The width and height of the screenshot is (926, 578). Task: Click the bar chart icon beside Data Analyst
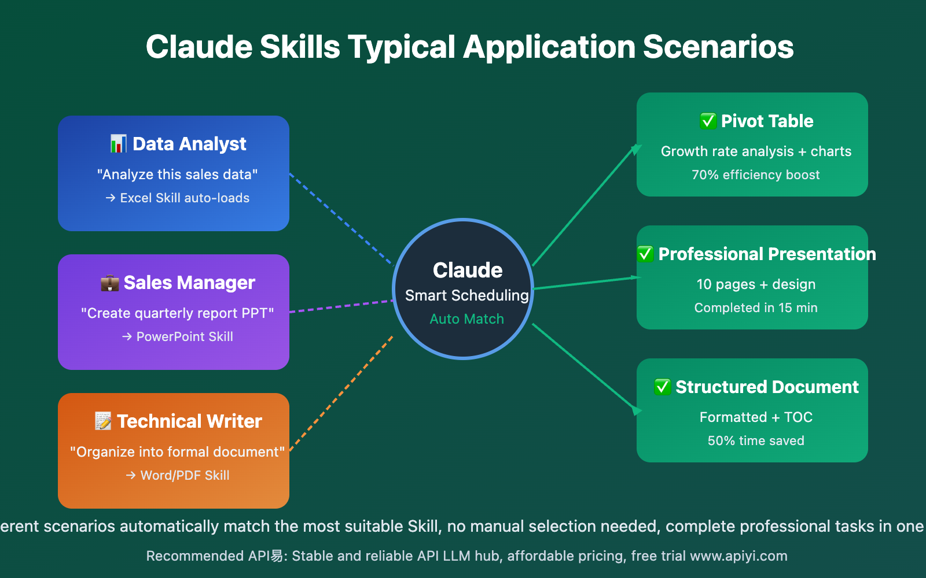click(x=118, y=143)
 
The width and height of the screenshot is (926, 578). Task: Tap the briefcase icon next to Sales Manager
click(x=109, y=283)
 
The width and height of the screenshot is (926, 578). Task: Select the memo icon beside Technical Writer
click(x=103, y=421)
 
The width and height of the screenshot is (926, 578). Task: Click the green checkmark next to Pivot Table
click(x=708, y=121)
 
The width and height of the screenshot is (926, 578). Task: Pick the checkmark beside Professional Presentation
click(x=645, y=254)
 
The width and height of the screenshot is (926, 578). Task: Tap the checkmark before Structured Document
click(x=662, y=387)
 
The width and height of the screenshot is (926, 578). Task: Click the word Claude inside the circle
click(x=467, y=270)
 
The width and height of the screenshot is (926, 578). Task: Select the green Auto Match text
click(x=466, y=319)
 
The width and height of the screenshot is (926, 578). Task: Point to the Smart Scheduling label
click(x=466, y=295)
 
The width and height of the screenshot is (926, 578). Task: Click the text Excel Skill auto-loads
click(x=184, y=198)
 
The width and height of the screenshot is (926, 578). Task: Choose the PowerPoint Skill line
click(x=184, y=336)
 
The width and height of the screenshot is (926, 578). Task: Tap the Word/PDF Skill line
click(x=184, y=475)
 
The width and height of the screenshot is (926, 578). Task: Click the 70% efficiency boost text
click(x=755, y=175)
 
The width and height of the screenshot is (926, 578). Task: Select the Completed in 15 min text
click(x=755, y=307)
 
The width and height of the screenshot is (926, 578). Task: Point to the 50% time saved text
click(x=755, y=440)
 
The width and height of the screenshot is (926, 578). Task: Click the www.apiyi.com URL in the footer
click(x=738, y=556)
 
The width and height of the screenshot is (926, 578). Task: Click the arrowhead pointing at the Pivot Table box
click(x=635, y=149)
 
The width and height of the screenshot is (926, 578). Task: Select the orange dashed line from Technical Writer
click(x=341, y=393)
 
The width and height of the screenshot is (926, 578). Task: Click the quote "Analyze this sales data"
click(x=177, y=175)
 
